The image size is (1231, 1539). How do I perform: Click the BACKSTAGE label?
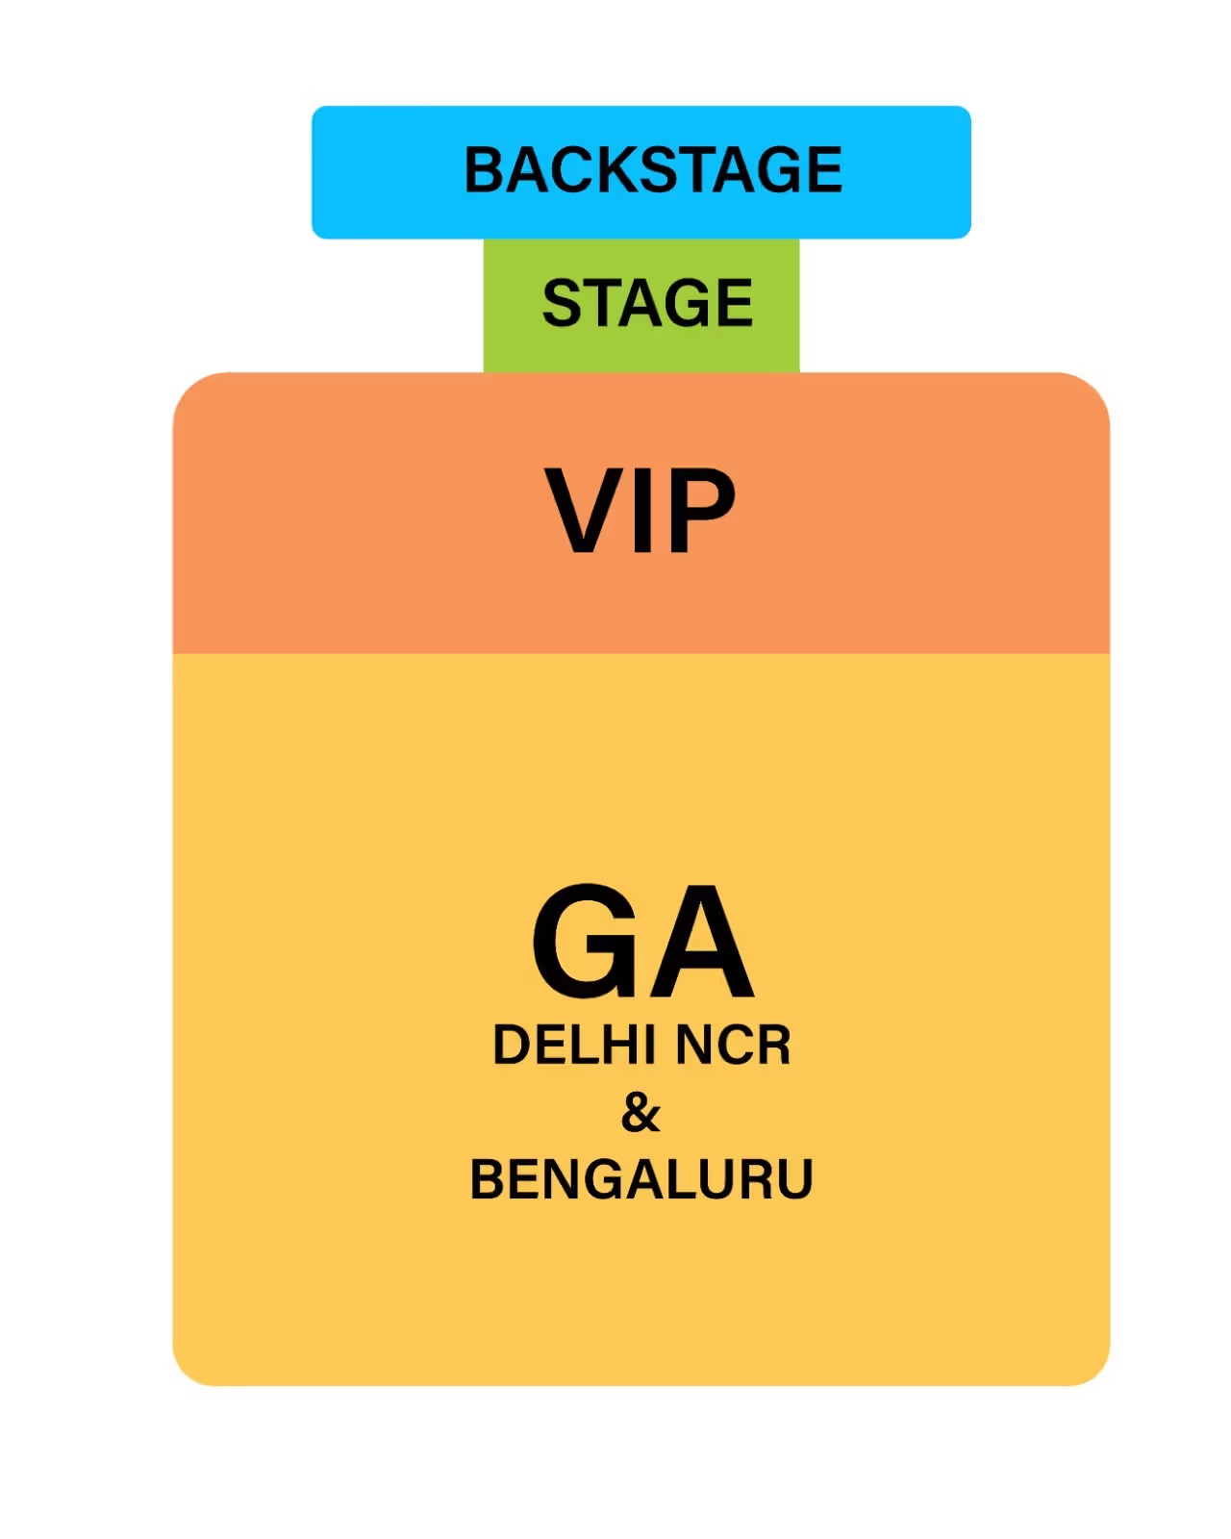click(x=653, y=169)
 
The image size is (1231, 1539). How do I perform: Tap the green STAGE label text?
click(x=647, y=302)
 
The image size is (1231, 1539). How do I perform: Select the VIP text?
click(x=641, y=511)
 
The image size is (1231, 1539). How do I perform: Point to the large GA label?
click(x=642, y=941)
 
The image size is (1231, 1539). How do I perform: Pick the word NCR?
click(x=733, y=1046)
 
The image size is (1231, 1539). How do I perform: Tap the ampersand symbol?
click(x=641, y=1113)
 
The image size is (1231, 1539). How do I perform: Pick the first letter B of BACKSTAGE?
click(x=487, y=169)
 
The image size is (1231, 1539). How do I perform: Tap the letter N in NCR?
click(x=692, y=1046)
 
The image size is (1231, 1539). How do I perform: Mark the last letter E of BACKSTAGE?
click(x=824, y=169)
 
